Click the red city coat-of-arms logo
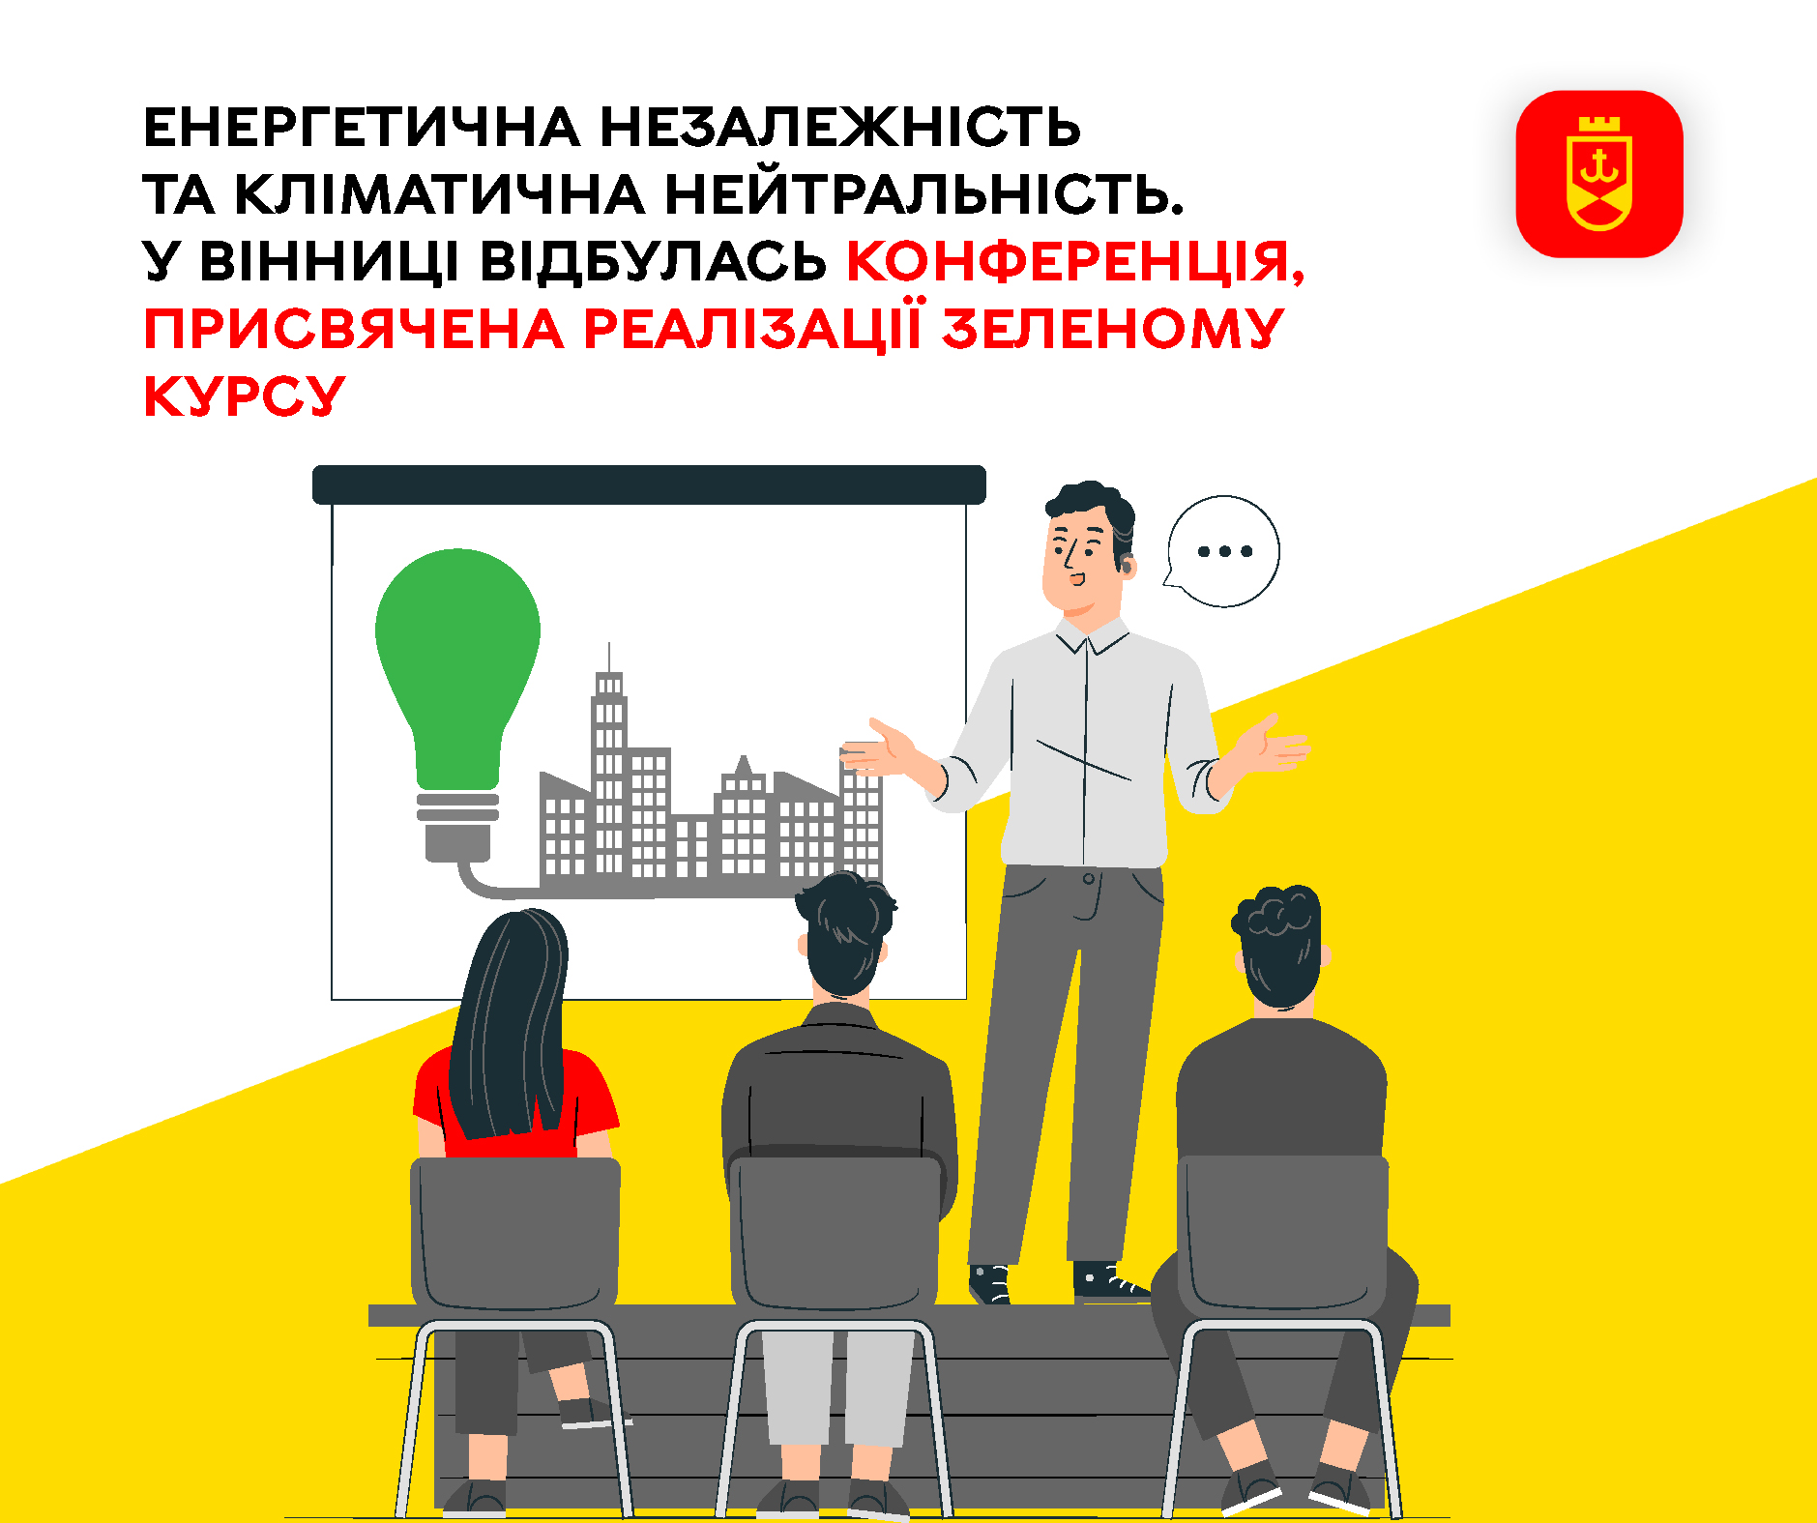(1599, 174)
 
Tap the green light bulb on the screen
(457, 667)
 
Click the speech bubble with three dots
(1222, 551)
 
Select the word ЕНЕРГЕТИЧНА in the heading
(362, 128)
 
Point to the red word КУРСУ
(244, 396)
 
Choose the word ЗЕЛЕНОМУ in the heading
(1112, 329)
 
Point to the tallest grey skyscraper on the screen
(609, 764)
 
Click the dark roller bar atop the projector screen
(649, 484)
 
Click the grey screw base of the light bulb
(457, 825)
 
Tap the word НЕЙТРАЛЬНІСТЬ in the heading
(923, 194)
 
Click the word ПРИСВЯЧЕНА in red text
(354, 329)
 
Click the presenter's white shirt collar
(1091, 634)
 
